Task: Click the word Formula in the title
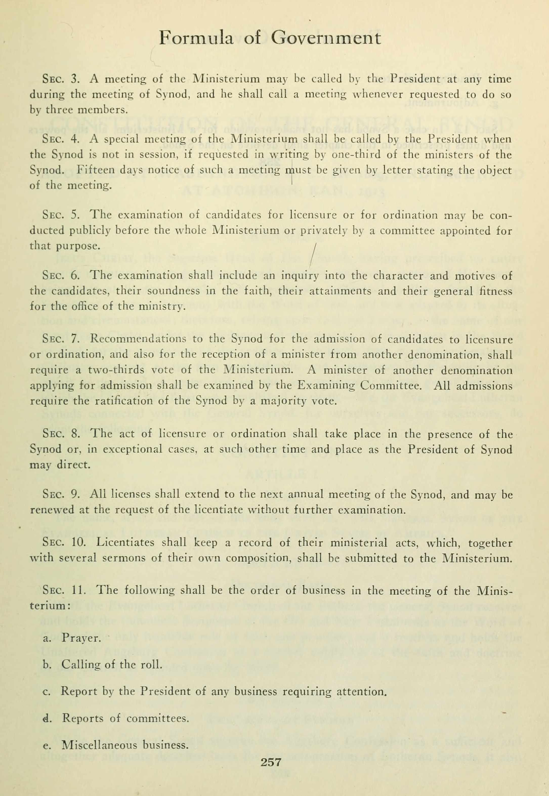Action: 196,38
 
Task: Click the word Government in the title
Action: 326,38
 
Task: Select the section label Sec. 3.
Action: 61,79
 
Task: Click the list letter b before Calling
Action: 46,665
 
